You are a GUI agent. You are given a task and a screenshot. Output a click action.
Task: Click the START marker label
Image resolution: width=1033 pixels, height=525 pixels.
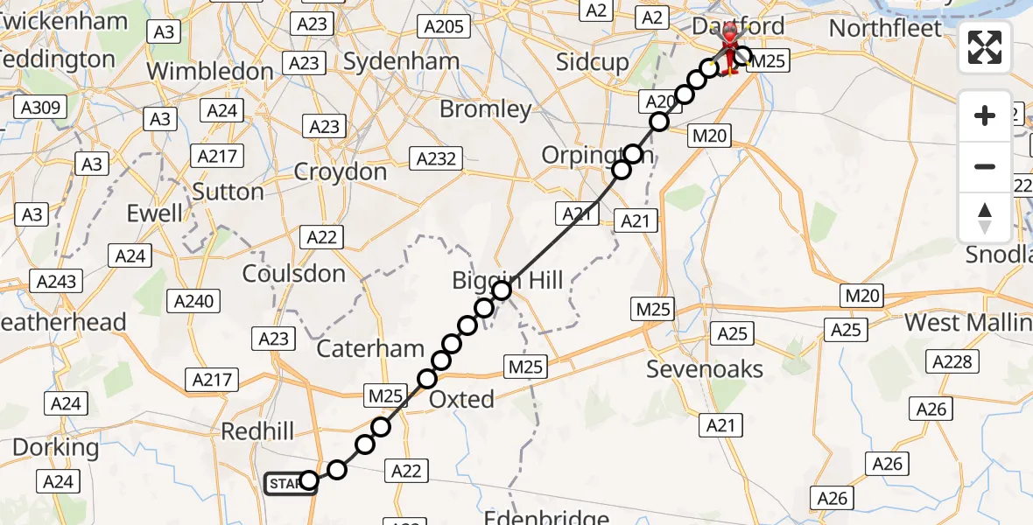click(286, 483)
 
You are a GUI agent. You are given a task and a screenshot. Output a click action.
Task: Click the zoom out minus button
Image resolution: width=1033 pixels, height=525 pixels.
click(985, 166)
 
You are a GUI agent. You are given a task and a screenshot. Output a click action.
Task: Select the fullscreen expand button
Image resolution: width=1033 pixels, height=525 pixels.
click(985, 46)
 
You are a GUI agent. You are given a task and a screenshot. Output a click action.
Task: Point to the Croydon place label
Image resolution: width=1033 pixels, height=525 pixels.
click(340, 171)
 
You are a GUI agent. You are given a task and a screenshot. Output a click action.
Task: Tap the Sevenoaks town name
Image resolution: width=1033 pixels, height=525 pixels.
click(705, 369)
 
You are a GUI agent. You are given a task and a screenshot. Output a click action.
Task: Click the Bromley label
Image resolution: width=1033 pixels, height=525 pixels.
click(485, 109)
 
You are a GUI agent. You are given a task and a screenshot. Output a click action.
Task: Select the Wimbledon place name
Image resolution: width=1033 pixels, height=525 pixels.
click(210, 71)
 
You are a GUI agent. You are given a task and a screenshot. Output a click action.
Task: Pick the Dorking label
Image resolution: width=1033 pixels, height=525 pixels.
click(55, 447)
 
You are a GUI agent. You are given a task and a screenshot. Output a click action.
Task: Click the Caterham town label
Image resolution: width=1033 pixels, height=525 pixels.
click(370, 348)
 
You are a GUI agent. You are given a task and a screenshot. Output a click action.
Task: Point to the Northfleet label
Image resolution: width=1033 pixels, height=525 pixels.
click(885, 28)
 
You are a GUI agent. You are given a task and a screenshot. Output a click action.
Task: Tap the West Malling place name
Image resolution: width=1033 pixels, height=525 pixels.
click(967, 322)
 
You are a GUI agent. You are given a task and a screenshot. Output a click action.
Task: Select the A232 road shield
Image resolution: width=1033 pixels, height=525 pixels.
click(434, 158)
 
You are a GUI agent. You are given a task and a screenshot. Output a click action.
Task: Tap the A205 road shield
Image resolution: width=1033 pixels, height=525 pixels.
click(443, 27)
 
